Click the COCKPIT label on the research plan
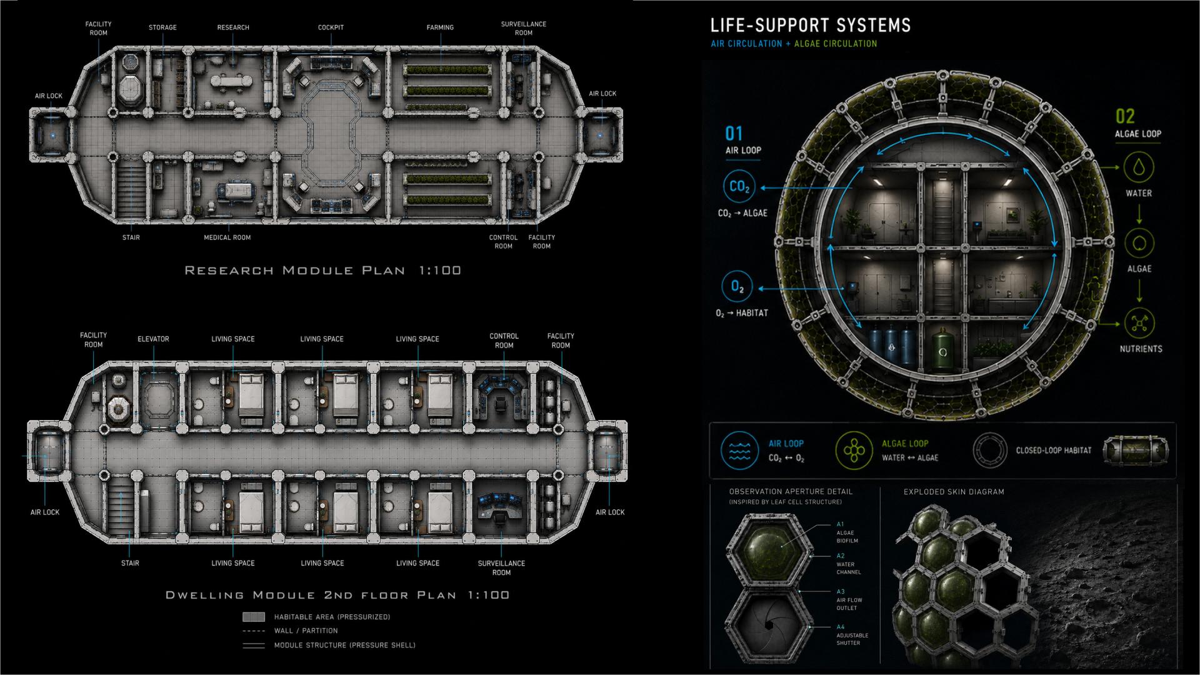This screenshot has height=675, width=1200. coord(331,27)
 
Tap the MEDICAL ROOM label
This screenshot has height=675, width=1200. coord(227,237)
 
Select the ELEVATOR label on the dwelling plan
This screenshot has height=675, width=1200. coord(153,339)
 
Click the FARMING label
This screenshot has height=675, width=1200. coord(440,27)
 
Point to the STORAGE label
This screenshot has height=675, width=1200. coord(162,27)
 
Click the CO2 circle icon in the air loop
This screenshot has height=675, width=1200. coord(739,187)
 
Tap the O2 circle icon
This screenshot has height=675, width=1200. coord(737,287)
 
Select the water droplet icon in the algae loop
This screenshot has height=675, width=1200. coord(1139,168)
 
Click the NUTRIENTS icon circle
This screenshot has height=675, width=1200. coord(1139,323)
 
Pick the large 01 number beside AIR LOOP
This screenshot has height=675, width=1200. coord(734,133)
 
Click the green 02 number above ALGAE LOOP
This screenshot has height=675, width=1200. coord(1125,116)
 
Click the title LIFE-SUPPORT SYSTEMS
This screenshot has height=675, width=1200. coord(811,26)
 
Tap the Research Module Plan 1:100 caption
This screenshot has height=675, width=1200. coord(323,271)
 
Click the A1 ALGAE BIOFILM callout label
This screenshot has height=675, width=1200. coord(847,532)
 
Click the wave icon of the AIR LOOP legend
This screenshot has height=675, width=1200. coord(739,450)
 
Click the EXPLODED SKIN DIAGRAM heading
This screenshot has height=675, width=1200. coord(954,492)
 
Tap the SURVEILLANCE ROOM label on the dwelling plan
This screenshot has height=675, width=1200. coord(501,567)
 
